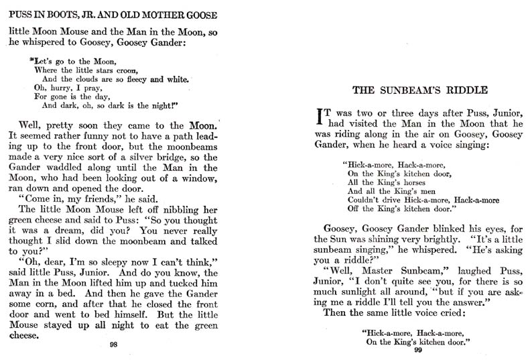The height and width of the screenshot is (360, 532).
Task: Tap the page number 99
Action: coord(418,349)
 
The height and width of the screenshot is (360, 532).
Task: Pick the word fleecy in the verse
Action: coord(133,80)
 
